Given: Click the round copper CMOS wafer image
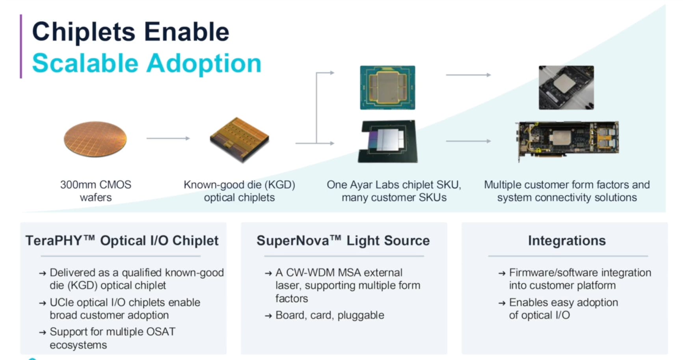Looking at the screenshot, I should click(95, 139).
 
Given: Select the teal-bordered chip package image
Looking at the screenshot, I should click(387, 87).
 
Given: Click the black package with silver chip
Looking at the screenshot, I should click(388, 142).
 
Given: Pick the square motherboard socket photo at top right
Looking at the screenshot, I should click(566, 87).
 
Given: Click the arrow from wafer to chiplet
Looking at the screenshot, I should click(168, 138).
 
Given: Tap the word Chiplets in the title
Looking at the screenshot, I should click(84, 32).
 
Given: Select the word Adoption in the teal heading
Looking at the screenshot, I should click(204, 63).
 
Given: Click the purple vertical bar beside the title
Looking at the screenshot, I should click(21, 46).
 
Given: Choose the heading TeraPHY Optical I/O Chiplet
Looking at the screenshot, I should click(122, 241).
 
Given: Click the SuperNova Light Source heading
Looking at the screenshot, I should click(343, 241).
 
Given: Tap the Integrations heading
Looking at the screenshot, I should click(567, 241).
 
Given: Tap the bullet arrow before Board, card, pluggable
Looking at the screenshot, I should click(268, 315).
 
